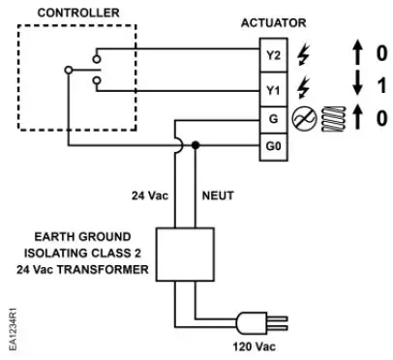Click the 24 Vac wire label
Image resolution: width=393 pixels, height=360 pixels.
tap(152, 194)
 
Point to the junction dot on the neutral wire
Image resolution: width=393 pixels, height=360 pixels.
tap(197, 145)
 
